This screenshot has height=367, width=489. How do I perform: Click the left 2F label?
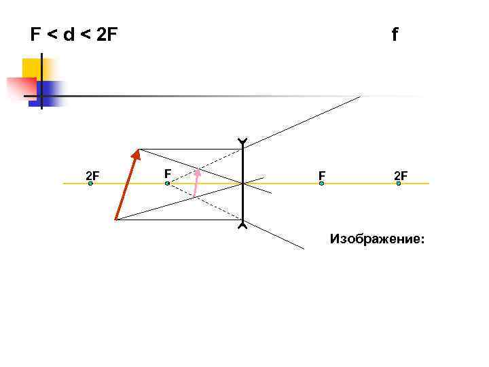click(92, 177)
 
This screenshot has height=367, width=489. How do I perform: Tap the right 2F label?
click(401, 177)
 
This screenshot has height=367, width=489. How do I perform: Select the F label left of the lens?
click(167, 173)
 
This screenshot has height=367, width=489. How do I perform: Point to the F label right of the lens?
click(322, 177)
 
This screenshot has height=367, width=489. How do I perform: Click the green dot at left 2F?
click(90, 183)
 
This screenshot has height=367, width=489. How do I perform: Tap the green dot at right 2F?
click(399, 183)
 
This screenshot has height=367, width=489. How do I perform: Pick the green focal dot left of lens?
click(167, 183)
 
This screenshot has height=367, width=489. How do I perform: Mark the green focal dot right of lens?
click(321, 183)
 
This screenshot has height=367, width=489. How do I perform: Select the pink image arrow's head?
click(198, 171)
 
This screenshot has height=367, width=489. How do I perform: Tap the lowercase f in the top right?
click(395, 34)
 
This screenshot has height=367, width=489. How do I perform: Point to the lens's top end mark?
click(242, 142)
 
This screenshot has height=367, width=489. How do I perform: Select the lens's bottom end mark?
click(242, 225)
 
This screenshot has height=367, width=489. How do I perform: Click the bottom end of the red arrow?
click(116, 219)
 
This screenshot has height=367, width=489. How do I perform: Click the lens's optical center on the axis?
click(242, 183)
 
